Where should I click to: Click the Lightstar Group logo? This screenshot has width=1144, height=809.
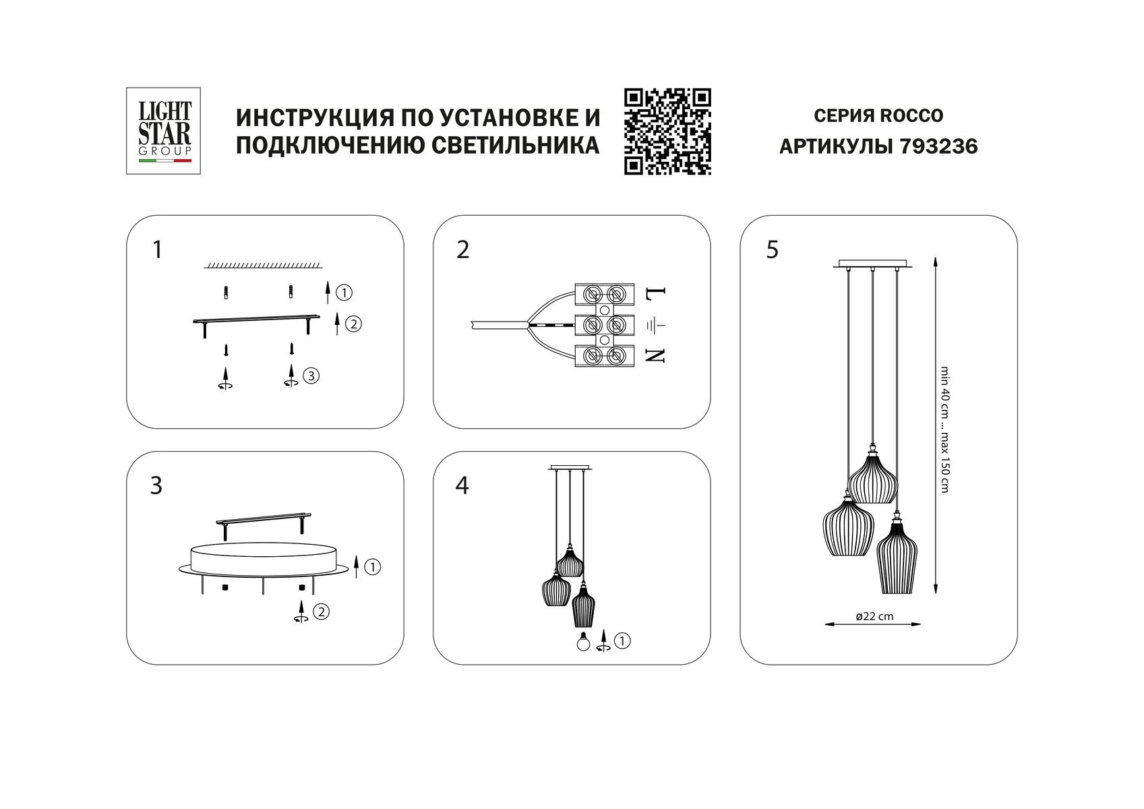click(164, 130)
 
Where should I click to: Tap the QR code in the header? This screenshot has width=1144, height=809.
click(667, 131)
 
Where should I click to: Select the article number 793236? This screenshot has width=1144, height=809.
click(938, 146)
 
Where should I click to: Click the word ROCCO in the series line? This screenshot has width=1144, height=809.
click(911, 116)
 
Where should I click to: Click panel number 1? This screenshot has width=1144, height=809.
click(157, 250)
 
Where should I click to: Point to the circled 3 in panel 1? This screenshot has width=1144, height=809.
click(310, 376)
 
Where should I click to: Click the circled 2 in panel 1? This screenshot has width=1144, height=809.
click(353, 324)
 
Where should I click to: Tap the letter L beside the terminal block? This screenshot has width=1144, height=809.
click(655, 295)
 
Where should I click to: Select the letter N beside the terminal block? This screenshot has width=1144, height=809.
click(655, 356)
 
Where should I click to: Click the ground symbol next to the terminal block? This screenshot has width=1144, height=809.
click(655, 326)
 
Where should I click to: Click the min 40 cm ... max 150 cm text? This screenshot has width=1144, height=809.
click(944, 429)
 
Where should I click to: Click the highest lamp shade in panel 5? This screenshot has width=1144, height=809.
click(872, 478)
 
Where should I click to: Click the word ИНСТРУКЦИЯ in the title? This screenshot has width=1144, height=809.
click(313, 117)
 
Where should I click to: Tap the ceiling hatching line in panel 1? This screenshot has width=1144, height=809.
click(264, 266)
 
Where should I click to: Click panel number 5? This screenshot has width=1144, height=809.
click(773, 250)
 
